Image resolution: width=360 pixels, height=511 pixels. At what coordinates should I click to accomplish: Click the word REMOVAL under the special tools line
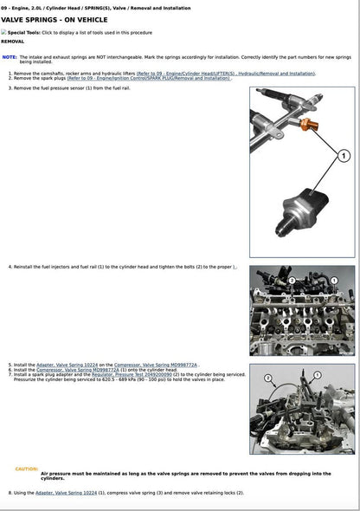tap(13, 41)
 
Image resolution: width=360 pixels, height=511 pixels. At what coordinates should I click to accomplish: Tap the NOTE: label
tap(10, 56)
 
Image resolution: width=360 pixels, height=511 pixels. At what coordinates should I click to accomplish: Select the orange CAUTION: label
tap(27, 469)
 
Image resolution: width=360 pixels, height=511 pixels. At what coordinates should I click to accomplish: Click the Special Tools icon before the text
tap(3, 31)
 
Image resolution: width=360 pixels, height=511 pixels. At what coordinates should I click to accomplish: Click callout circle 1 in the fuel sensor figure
tap(343, 156)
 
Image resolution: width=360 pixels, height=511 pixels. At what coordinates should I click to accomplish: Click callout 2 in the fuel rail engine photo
tap(292, 281)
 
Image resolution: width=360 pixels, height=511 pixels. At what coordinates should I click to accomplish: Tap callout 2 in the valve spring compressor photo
tap(268, 378)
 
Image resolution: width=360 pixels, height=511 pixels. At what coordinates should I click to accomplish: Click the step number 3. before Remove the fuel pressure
tap(10, 88)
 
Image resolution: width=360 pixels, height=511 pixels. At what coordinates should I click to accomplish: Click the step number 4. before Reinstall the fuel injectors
tap(10, 267)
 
